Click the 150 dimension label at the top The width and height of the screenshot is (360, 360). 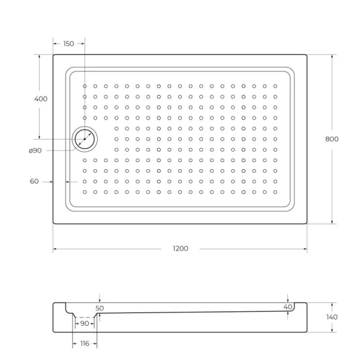pos(68,44)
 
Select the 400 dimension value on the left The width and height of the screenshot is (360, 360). pos(41,98)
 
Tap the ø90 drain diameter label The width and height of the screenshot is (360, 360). pos(35,150)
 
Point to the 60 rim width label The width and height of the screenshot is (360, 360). pos(34,181)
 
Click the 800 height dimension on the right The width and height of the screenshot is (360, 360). pos(332,139)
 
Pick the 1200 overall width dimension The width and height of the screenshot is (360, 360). pos(180,248)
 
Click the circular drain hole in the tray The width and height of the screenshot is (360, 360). pos(85,139)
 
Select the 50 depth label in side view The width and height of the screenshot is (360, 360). pos(100,307)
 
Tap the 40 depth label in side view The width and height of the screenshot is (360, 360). pos(288,307)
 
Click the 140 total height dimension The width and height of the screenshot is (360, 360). pos(332,317)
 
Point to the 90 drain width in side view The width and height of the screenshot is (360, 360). pos(84,324)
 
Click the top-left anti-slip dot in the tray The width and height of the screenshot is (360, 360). pos(85,86)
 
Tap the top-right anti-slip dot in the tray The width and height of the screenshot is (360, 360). pos(275,86)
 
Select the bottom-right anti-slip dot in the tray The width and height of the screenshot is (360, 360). pos(275,192)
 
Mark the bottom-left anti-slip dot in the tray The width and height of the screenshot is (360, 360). pos(85,192)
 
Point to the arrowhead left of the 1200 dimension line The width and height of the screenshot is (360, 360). pos(55,248)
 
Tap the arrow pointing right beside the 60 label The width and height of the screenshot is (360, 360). pos(51,181)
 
